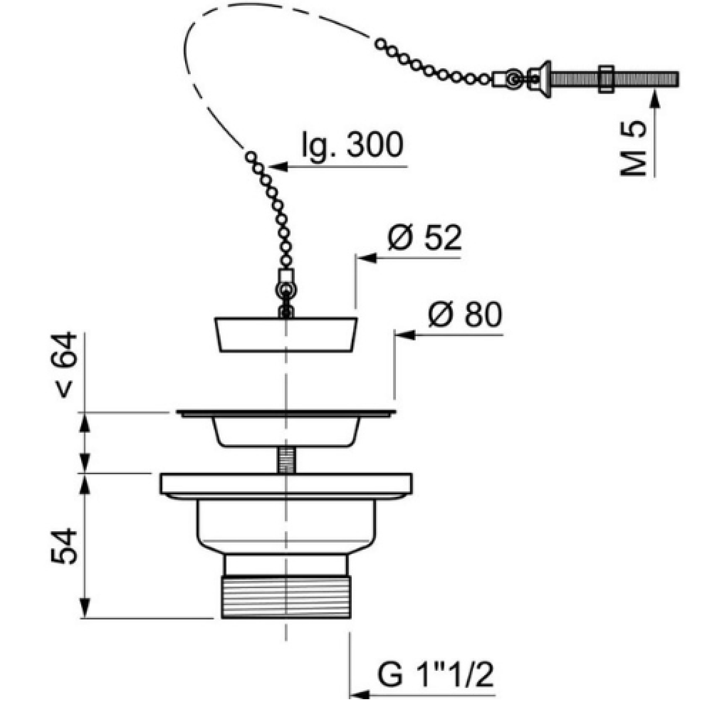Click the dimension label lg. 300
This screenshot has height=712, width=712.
pyautogui.click(x=352, y=145)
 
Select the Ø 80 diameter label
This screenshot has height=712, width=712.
pyautogui.click(x=465, y=314)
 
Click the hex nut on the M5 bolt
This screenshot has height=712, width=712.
pyautogui.click(x=606, y=79)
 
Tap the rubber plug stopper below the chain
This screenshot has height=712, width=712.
pyautogui.click(x=286, y=335)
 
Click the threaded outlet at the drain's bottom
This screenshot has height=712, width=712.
pyautogui.click(x=286, y=597)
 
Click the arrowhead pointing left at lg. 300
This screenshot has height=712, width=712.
pyautogui.click(x=278, y=167)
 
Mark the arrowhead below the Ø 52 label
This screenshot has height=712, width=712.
pyautogui.click(x=365, y=258)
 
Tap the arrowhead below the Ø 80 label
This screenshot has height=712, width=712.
pyautogui.click(x=404, y=335)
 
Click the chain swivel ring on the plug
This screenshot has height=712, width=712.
pyautogui.click(x=285, y=290)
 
